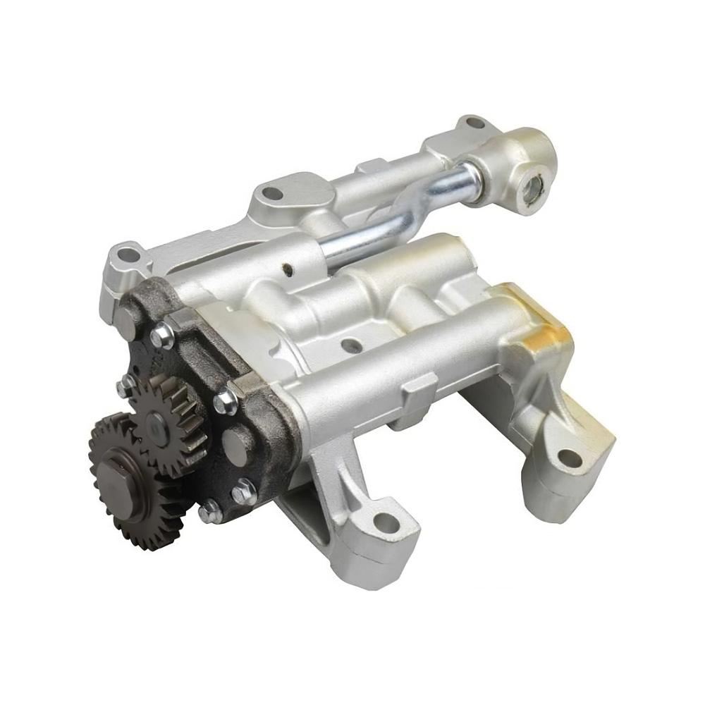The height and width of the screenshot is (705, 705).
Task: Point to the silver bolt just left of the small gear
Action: [x=125, y=385]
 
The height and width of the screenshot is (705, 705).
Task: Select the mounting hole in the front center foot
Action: [x=385, y=522]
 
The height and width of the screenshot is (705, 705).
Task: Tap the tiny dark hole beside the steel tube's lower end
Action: [x=286, y=269]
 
